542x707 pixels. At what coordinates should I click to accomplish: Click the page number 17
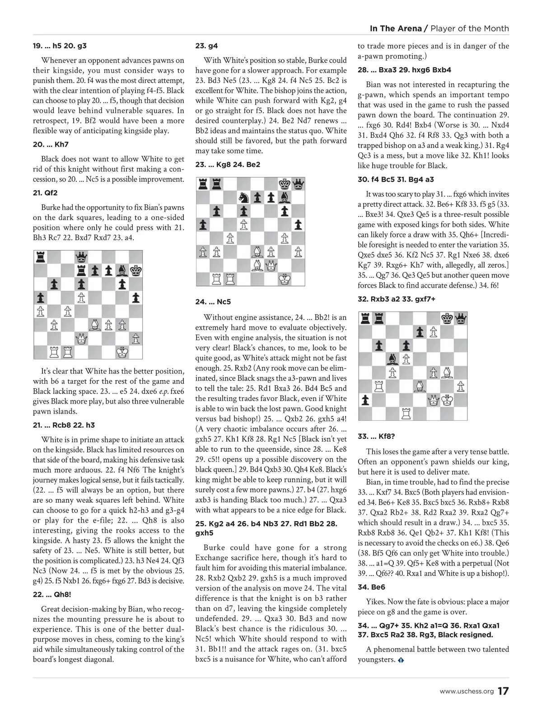click(503, 691)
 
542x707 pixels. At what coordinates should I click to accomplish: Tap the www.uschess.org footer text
click(467, 692)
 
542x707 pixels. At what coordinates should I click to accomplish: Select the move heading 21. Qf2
click(45, 193)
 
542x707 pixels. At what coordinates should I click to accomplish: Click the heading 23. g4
click(206, 46)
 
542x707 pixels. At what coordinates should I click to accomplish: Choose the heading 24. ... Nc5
click(213, 302)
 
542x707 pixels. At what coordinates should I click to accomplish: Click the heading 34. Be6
click(371, 587)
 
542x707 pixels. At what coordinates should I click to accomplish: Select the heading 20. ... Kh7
click(51, 145)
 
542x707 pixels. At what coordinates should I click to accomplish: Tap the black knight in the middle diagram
click(244, 197)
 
